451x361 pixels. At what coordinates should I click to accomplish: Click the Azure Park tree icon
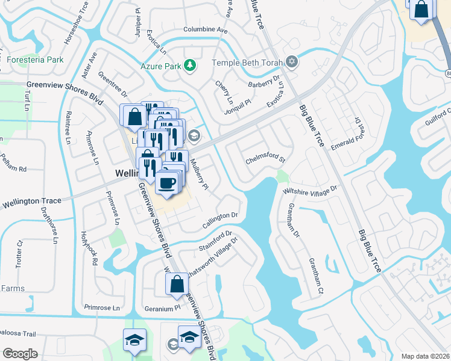[191, 65]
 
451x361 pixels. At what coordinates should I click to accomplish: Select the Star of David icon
[292, 62]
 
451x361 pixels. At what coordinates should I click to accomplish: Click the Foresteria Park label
[36, 60]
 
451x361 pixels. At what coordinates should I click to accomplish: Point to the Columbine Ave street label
[206, 29]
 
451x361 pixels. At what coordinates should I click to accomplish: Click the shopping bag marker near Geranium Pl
[177, 285]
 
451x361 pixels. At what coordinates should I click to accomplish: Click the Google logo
[20, 354]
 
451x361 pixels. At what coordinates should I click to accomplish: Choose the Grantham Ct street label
[316, 276]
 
